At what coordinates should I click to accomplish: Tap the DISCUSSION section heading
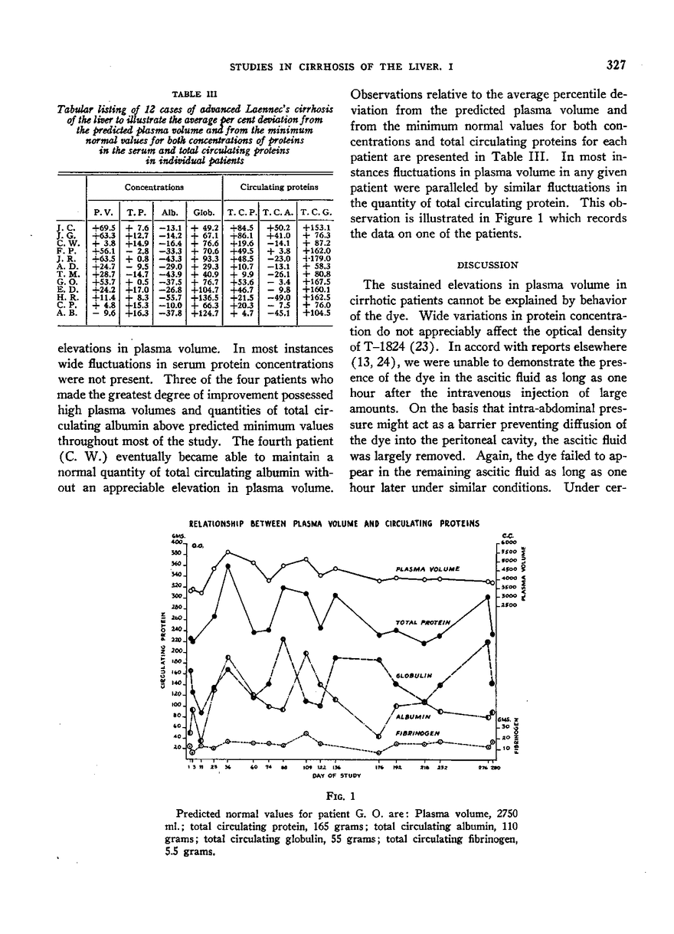pos(488,264)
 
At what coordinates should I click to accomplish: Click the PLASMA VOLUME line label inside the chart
pos(427,569)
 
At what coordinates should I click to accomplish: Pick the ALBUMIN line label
pos(417,716)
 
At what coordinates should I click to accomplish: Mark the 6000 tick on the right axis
pos(506,542)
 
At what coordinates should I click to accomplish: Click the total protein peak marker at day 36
pos(228,566)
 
